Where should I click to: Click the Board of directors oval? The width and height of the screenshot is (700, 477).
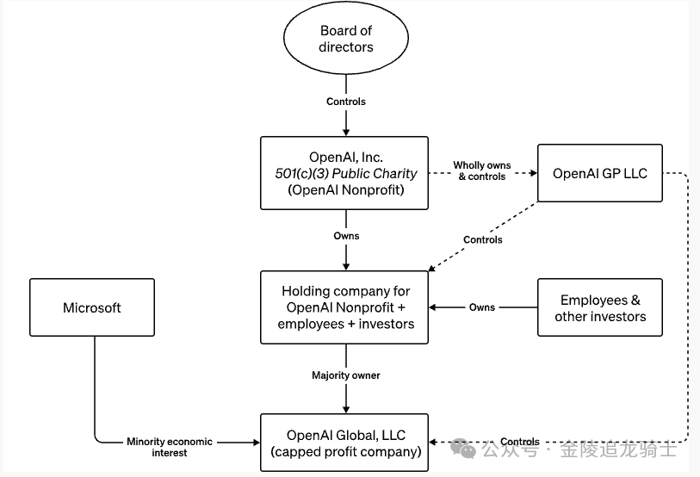(x=346, y=39)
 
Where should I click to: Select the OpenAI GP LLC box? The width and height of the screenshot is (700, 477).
(x=599, y=173)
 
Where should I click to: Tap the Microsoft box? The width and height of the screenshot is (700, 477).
(x=92, y=307)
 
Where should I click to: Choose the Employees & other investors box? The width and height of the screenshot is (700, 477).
(x=599, y=307)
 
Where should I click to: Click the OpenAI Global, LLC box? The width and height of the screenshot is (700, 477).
(x=344, y=443)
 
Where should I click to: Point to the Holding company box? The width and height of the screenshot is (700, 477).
(x=344, y=307)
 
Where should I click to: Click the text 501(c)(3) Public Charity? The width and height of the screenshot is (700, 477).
(x=344, y=173)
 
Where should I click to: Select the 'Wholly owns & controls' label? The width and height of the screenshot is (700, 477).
(x=481, y=170)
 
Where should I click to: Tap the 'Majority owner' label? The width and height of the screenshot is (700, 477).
(x=346, y=375)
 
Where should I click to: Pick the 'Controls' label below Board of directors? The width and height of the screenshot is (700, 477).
(x=346, y=102)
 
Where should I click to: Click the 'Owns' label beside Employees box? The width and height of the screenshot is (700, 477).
(x=482, y=307)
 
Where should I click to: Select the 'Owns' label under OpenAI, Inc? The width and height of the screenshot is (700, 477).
(x=346, y=236)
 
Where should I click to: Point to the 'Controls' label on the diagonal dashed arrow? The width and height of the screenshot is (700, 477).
(x=482, y=239)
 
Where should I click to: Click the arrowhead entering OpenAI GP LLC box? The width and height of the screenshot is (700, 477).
(x=530, y=173)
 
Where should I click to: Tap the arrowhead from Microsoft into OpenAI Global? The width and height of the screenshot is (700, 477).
(x=255, y=443)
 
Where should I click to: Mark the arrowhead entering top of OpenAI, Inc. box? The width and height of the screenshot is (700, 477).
(x=346, y=132)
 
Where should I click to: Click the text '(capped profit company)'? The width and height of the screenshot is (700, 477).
(x=344, y=452)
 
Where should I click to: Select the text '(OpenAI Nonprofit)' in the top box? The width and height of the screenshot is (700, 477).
(x=344, y=190)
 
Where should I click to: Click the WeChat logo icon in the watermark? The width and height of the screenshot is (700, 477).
(x=462, y=449)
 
